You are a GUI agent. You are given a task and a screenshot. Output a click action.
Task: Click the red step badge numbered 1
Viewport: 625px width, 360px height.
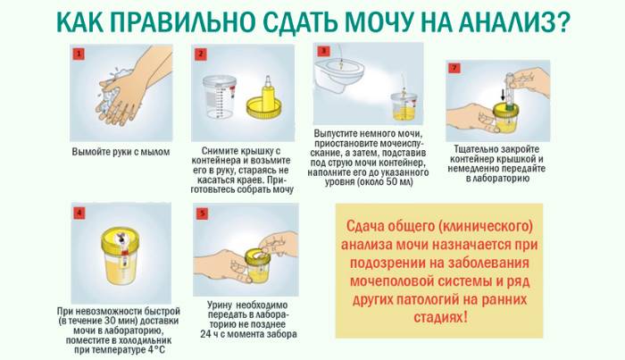[x=79, y=54]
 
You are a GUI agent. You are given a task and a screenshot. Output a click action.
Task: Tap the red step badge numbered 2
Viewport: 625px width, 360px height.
[x=201, y=54]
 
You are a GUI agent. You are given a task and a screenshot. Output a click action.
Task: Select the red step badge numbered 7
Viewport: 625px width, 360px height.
[x=454, y=67]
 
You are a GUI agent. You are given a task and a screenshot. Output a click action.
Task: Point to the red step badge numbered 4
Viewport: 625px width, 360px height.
[x=79, y=213]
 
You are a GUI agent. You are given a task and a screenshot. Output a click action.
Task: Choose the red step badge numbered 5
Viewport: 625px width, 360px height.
[x=202, y=213]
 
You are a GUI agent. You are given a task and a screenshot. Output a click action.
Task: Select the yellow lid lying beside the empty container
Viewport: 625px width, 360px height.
[x=264, y=109]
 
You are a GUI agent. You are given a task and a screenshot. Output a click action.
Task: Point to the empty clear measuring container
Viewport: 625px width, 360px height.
[x=220, y=97]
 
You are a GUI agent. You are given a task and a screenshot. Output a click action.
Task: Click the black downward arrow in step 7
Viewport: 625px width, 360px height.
[x=503, y=94]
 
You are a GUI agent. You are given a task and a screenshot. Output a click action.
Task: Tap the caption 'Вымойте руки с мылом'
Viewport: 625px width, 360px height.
[x=121, y=152]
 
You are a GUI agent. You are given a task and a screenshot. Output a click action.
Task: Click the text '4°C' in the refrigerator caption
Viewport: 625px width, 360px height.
[x=156, y=350]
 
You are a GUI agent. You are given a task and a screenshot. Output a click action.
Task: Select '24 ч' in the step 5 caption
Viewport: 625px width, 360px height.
[x=208, y=334]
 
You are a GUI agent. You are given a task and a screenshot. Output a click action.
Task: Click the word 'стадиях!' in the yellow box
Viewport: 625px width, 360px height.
[x=440, y=317]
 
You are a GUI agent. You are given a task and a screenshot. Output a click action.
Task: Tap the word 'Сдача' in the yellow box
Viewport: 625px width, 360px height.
[x=364, y=226]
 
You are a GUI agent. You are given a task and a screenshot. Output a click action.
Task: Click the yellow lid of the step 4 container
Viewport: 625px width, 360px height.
[x=120, y=239]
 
